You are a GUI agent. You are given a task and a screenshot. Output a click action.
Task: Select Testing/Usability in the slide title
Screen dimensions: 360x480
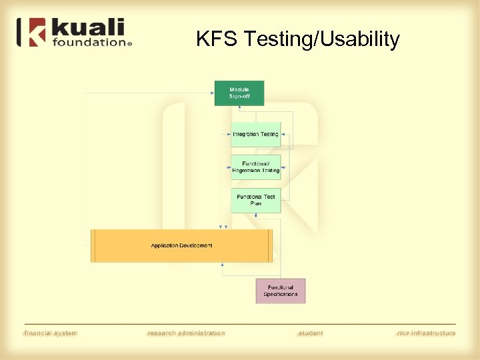pyautogui.click(x=321, y=40)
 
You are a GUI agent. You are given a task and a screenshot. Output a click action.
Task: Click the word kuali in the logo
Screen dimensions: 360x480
pyautogui.click(x=87, y=28)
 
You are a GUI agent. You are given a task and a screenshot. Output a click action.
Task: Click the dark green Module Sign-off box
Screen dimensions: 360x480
pyautogui.click(x=239, y=93)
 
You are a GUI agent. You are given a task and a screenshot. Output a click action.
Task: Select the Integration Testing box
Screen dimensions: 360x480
pyautogui.click(x=255, y=135)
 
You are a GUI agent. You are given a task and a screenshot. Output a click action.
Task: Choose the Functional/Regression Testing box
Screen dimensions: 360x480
pyautogui.click(x=255, y=167)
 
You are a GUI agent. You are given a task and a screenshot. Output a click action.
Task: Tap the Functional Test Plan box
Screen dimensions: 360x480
pyautogui.click(x=255, y=200)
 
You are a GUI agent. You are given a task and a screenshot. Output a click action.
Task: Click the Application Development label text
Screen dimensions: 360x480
pyautogui.click(x=181, y=245)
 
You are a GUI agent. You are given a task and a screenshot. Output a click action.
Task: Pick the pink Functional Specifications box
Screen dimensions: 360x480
pyautogui.click(x=280, y=291)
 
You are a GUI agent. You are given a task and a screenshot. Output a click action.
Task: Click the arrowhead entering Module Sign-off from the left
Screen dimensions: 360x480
pyautogui.click(x=211, y=93)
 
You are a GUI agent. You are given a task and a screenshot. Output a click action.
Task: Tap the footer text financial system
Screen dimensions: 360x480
pyautogui.click(x=51, y=333)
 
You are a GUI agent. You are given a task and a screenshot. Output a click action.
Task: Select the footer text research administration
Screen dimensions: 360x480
pyautogui.click(x=186, y=333)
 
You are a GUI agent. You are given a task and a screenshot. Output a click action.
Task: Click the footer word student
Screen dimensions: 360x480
pyautogui.click(x=311, y=333)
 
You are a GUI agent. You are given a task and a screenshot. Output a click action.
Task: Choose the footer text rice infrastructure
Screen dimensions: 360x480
pyautogui.click(x=425, y=333)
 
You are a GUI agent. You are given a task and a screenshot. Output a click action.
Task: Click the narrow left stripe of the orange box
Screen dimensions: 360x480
pyautogui.click(x=94, y=245)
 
